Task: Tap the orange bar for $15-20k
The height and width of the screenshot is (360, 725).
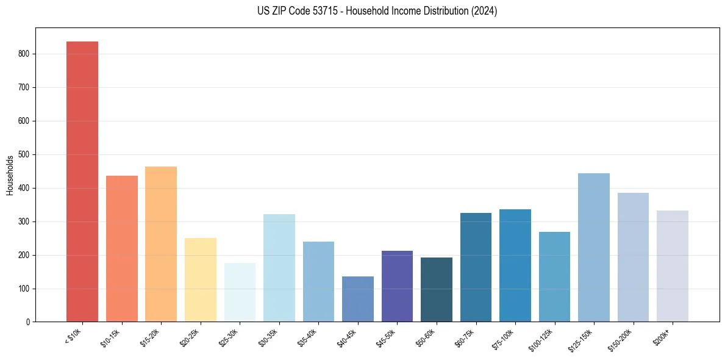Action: coord(161,244)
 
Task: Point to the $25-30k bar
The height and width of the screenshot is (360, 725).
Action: coord(240,292)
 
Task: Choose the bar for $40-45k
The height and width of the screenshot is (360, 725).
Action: coord(358,299)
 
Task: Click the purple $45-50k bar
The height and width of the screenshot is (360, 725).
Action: coord(397,286)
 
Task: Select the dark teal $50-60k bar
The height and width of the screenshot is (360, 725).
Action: coord(437,289)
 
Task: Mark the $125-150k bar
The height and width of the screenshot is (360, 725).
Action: coord(594,247)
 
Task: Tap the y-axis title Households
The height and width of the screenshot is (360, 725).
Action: coord(10,175)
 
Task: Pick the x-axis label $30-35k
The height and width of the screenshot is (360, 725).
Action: coord(269,338)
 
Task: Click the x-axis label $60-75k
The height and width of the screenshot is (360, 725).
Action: coord(466,338)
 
